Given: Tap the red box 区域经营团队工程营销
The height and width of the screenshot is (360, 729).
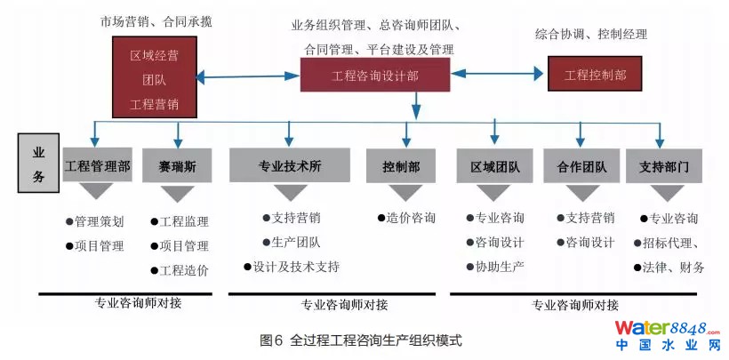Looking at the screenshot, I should (154, 80).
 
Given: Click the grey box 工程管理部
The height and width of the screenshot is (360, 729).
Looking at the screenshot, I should (98, 165).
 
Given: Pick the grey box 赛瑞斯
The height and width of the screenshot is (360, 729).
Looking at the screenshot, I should (178, 165).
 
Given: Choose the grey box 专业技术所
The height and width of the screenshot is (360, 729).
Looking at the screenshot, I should (289, 165).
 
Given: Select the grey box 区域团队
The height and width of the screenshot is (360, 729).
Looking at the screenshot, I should (494, 165).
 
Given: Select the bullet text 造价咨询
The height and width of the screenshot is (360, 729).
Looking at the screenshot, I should (406, 218).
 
